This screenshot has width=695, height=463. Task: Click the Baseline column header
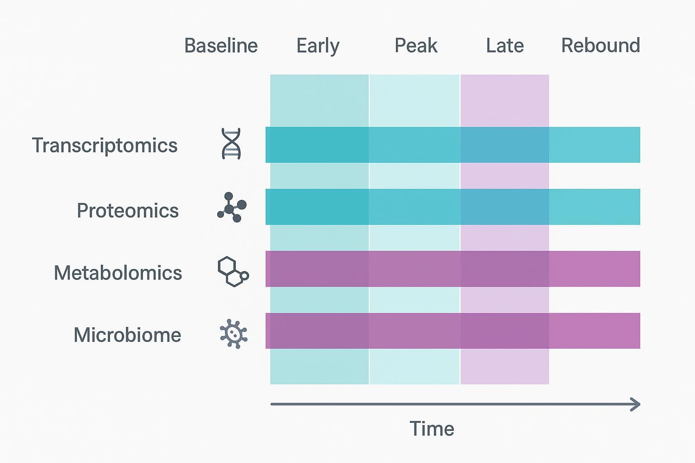[221, 46]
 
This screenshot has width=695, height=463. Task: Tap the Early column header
[318, 46]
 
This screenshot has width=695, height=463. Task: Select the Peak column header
[416, 46]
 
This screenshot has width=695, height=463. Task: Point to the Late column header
[505, 46]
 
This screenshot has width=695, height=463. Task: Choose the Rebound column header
[600, 46]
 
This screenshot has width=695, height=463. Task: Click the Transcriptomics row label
[105, 146]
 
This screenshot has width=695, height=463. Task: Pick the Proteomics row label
[128, 211]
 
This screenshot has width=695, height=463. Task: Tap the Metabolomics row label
[118, 273]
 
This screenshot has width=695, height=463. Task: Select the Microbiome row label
[127, 335]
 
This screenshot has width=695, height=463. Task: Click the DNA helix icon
[231, 144]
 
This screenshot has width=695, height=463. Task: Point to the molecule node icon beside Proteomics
[232, 208]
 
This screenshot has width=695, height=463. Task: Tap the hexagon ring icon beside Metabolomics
[233, 272]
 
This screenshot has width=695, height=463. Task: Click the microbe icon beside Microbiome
[233, 334]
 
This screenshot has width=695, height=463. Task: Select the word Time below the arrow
[431, 429]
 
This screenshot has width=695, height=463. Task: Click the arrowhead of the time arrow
[636, 404]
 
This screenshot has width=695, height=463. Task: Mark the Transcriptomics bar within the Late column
[505, 145]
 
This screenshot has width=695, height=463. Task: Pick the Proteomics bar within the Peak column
[414, 207]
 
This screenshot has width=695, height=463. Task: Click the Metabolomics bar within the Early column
[319, 269]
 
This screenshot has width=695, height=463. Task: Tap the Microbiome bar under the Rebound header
[595, 331]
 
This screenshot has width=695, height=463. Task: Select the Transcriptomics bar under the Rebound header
[595, 145]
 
